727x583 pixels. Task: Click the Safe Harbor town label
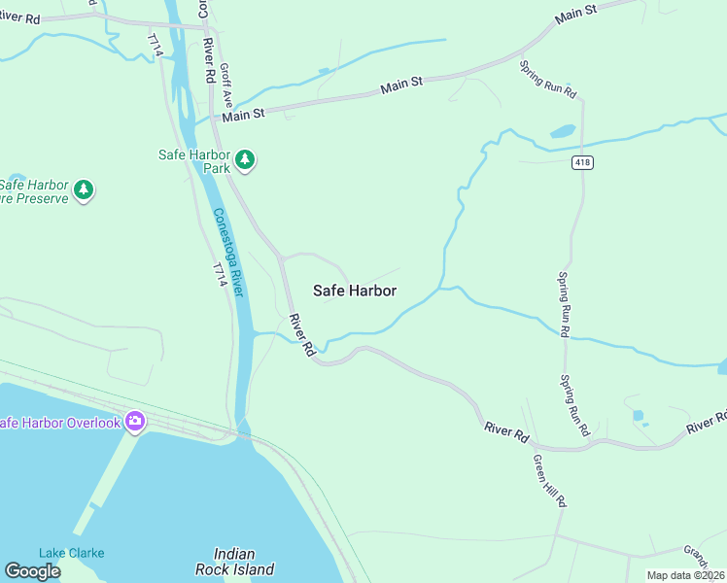(x=354, y=290)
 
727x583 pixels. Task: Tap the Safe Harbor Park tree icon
(x=245, y=159)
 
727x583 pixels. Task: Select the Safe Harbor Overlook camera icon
(x=134, y=422)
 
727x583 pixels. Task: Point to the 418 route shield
(x=582, y=161)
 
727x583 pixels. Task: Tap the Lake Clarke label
(x=71, y=553)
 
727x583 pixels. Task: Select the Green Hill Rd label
(x=548, y=480)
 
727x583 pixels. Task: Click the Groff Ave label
(x=226, y=86)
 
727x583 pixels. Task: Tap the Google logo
(x=32, y=571)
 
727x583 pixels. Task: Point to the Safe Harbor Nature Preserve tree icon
(x=85, y=189)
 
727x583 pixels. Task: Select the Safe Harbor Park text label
(x=194, y=160)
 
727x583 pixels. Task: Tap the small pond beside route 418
(x=562, y=131)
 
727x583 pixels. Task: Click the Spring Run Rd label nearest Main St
(x=549, y=81)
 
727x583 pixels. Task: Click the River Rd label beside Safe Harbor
(x=301, y=334)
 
